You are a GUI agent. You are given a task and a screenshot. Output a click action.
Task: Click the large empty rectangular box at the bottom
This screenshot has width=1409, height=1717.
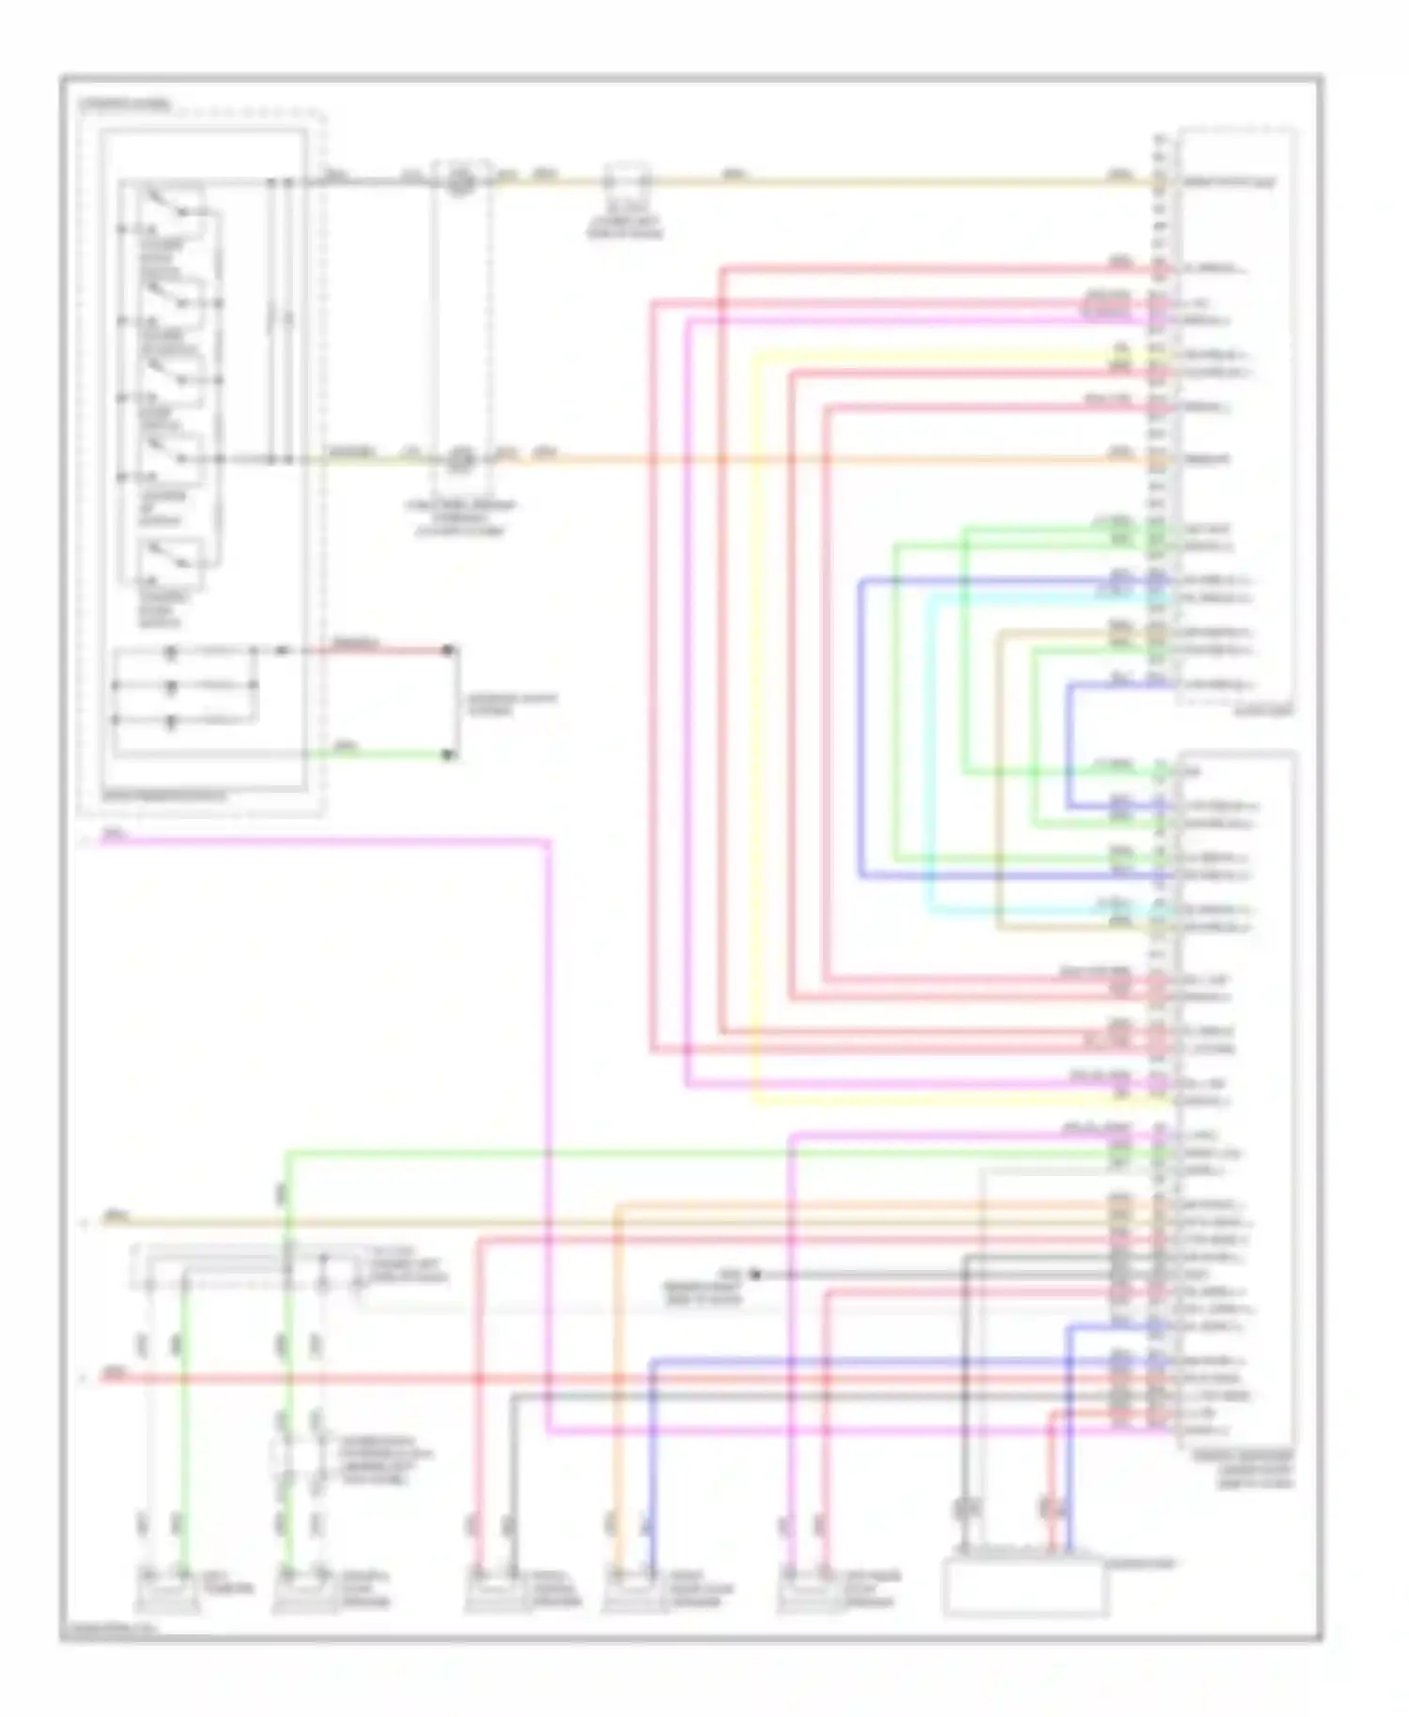point(1025,1587)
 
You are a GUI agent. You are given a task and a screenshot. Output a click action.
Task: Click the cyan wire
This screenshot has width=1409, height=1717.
point(931,751)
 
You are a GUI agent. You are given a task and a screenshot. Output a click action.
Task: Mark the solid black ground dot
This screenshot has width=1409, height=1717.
point(755,1275)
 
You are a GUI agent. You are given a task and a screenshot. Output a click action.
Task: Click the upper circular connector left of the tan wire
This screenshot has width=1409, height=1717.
point(459,180)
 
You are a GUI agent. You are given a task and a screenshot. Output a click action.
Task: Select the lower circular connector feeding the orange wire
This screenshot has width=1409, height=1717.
point(459,459)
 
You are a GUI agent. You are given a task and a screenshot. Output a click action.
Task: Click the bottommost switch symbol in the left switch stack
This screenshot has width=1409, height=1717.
point(170,556)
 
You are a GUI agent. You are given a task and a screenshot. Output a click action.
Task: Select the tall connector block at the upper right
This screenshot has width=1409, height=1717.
point(1235,413)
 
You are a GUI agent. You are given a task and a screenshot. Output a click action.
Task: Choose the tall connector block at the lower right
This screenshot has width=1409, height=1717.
point(1235,1099)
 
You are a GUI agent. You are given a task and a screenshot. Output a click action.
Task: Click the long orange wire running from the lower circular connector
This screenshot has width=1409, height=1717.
point(798,459)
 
